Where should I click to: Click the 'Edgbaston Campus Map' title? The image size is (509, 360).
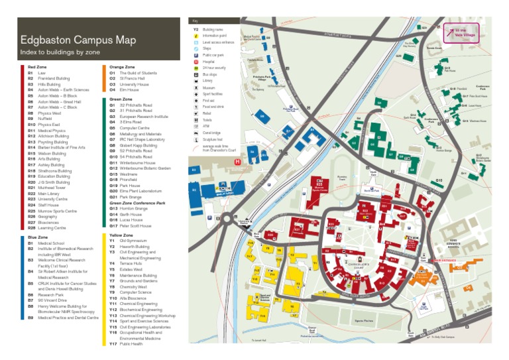click(78, 40)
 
